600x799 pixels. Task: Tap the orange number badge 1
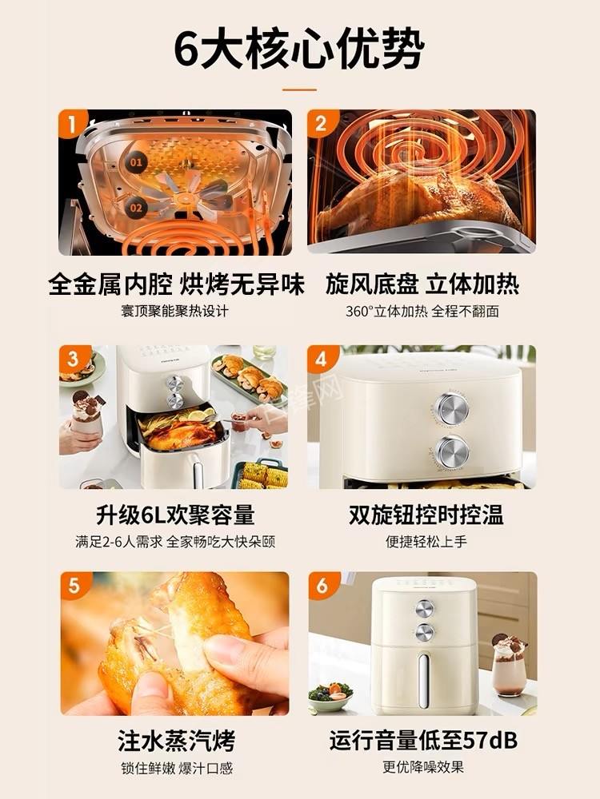tap(73, 124)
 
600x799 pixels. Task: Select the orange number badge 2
tap(322, 124)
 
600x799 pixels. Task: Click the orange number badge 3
tap(73, 359)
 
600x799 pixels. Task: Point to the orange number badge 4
tap(322, 359)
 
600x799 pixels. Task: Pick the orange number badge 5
tap(73, 586)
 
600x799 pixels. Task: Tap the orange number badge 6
tap(322, 586)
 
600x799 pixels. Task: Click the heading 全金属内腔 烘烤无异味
tap(176, 284)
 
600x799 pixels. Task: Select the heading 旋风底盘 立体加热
tap(422, 284)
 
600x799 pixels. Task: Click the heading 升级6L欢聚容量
tap(174, 515)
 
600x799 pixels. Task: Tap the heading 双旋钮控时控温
tap(426, 515)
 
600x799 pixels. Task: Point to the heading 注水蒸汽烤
tap(176, 741)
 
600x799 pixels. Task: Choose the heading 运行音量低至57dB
tap(423, 741)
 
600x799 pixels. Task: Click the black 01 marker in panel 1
tap(136, 162)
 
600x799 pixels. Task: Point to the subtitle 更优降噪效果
tap(423, 767)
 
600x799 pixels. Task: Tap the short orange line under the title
tap(299, 89)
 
